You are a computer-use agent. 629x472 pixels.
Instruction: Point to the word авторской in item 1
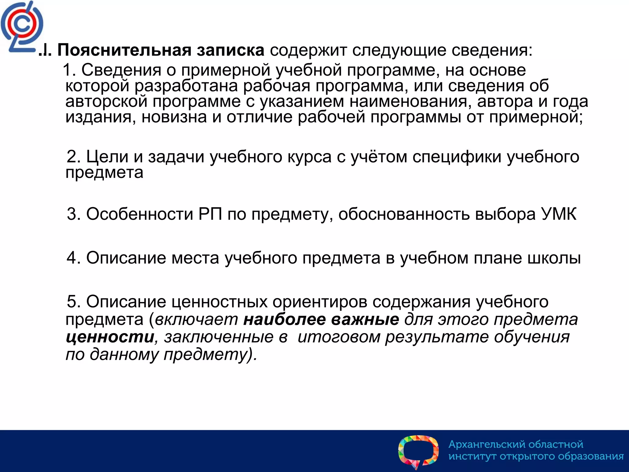(x=106, y=101)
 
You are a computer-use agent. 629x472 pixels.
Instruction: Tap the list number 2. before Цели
(x=74, y=157)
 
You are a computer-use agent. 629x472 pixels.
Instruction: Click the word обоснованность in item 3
(x=404, y=214)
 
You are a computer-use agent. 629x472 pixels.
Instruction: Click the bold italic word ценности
(x=110, y=337)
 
